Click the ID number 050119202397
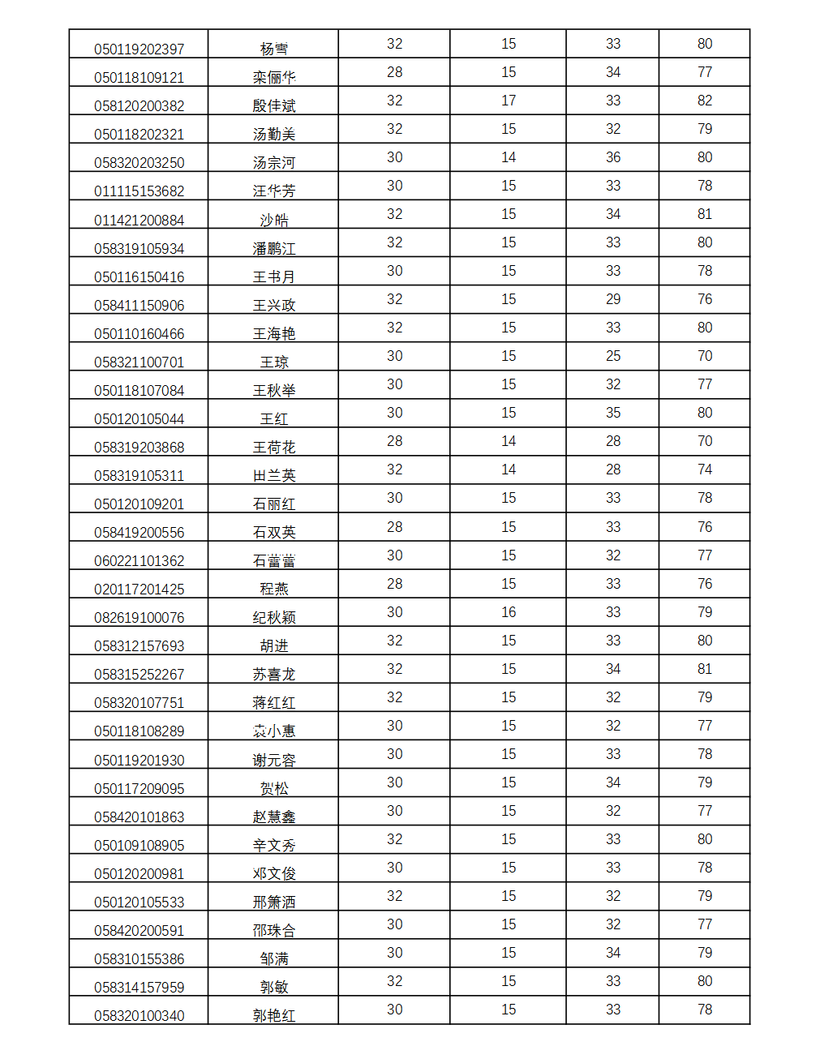(139, 49)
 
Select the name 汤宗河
(273, 163)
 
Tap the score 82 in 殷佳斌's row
(704, 101)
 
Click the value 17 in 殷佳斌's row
(508, 101)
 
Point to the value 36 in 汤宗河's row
(612, 157)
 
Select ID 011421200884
(139, 221)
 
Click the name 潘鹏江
(273, 249)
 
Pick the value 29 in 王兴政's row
(612, 299)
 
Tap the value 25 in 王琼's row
(612, 356)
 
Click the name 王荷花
(273, 448)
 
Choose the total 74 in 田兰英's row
(704, 469)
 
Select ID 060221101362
(139, 561)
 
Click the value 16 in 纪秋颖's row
(508, 612)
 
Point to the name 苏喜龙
(273, 675)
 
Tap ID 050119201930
(139, 761)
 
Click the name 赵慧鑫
(273, 817)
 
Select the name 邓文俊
(273, 874)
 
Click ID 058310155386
(139, 959)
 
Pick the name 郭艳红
(273, 1016)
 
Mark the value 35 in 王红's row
(612, 413)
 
